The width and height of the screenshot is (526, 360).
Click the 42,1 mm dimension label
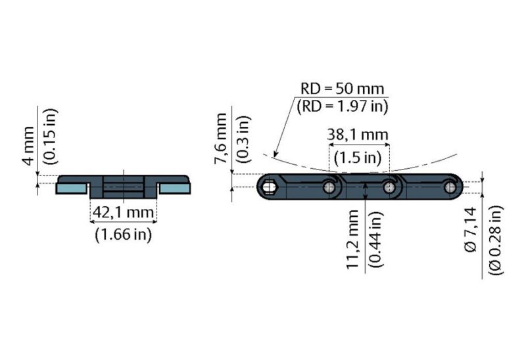(x=123, y=212)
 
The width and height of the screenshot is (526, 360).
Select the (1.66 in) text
(x=123, y=234)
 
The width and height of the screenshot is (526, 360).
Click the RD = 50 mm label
(x=342, y=89)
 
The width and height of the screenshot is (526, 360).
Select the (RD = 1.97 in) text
(x=342, y=105)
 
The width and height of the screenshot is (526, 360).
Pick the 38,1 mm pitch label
(x=358, y=137)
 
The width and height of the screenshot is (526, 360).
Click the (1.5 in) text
(x=358, y=158)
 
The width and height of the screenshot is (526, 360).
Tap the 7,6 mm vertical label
(x=222, y=139)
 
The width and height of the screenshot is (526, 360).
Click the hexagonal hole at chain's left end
(x=270, y=189)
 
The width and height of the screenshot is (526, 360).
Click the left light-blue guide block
(x=70, y=189)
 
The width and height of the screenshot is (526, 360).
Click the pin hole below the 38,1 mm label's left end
(x=329, y=189)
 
